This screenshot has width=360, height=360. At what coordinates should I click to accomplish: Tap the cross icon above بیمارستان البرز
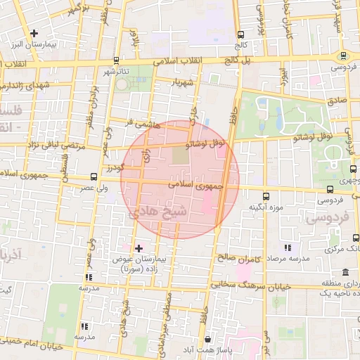tap(34, 32)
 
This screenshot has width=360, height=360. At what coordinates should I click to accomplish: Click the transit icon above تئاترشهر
tap(117, 60)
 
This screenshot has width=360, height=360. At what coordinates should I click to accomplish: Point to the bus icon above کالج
tap(241, 34)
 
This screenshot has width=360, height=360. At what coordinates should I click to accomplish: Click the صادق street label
tap(337, 101)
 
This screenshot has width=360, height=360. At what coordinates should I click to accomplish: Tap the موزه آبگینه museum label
tap(265, 209)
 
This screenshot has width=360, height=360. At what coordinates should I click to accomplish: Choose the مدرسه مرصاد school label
tap(288, 259)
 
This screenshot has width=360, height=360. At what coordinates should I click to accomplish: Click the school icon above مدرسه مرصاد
tap(287, 247)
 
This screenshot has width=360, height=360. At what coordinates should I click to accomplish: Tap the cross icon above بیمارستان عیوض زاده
tap(139, 248)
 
